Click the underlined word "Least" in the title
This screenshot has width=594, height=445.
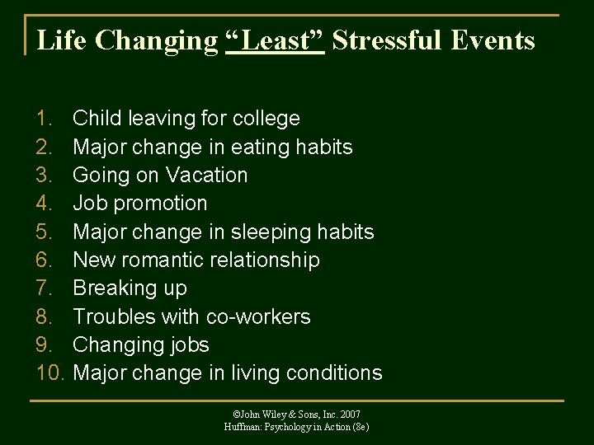[x=274, y=40]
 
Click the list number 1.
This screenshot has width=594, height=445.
[x=46, y=119]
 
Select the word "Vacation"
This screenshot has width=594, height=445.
[x=206, y=176]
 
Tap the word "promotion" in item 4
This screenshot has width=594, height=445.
[x=162, y=204]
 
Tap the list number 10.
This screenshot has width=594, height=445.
[x=51, y=373]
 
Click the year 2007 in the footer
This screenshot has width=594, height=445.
[x=348, y=415]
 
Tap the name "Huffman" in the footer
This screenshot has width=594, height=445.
[x=243, y=427]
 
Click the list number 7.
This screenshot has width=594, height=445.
[x=46, y=288]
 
